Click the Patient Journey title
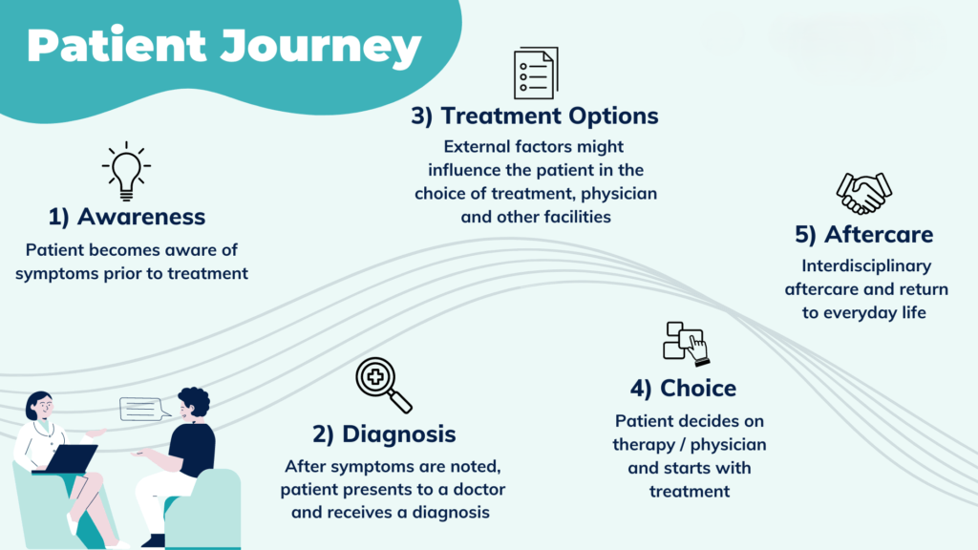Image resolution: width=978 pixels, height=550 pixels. click(x=223, y=46)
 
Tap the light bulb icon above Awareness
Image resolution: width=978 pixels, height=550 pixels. click(x=126, y=170)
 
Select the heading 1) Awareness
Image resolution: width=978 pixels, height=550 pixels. click(x=126, y=217)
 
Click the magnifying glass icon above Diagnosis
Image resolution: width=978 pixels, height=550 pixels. click(x=382, y=385)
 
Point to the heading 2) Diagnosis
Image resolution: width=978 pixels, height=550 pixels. click(x=384, y=434)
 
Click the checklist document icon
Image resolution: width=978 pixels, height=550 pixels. click(x=534, y=74)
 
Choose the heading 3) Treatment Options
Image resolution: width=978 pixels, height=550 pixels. click(x=535, y=116)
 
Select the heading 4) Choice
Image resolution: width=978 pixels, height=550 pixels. click(x=683, y=389)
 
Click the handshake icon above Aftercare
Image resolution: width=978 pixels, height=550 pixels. click(x=863, y=193)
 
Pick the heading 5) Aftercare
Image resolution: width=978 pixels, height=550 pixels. click(x=864, y=234)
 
